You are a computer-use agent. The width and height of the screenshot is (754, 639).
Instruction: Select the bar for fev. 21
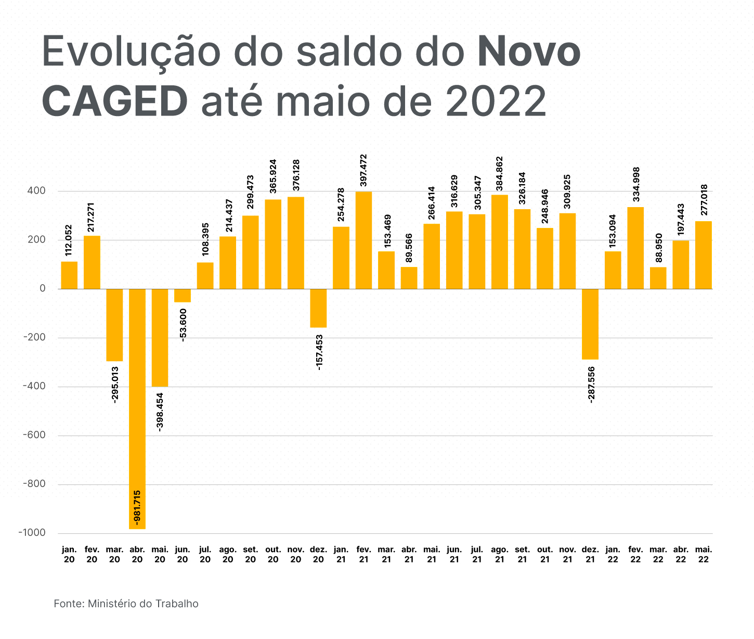pyautogui.click(x=363, y=240)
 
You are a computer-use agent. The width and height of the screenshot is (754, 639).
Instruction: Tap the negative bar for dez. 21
pyautogui.click(x=590, y=324)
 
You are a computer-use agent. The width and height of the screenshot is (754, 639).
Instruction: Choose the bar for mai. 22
pyautogui.click(x=703, y=255)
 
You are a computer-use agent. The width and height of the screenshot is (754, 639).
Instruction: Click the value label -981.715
pyautogui.click(x=137, y=506)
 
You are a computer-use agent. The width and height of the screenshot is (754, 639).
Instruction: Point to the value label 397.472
pyautogui.click(x=363, y=170)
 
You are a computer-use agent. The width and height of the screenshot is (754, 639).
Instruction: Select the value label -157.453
pyautogui.click(x=319, y=352)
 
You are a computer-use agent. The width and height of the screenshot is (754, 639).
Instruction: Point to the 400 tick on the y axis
pyautogui.click(x=37, y=191)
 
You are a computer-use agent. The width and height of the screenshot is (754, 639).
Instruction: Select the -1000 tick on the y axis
pyautogui.click(x=31, y=533)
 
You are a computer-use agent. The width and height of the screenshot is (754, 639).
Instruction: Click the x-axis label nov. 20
pyautogui.click(x=296, y=555)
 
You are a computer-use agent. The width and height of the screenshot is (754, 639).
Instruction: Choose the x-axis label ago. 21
pyautogui.click(x=500, y=555)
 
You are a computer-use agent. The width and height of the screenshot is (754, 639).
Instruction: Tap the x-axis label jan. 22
pyautogui.click(x=613, y=555)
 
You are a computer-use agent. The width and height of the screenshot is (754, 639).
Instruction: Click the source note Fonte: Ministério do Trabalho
pyautogui.click(x=126, y=604)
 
